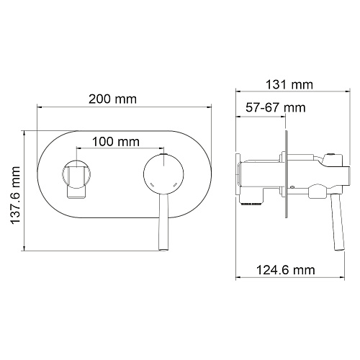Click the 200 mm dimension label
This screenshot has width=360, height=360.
[x=112, y=99]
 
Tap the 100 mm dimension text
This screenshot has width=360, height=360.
[x=116, y=142]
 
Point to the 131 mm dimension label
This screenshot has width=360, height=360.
[x=289, y=85]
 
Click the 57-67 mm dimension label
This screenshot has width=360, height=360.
[x=276, y=107]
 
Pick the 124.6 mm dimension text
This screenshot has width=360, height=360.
[x=286, y=270]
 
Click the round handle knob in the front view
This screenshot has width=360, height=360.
[x=163, y=174]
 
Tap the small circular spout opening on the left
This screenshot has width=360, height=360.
[x=76, y=174]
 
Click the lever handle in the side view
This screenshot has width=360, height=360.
[x=337, y=222]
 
